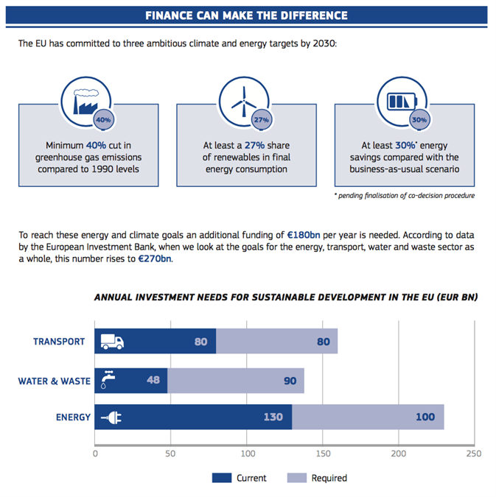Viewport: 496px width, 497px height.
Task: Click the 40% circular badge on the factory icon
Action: pyautogui.click(x=103, y=119)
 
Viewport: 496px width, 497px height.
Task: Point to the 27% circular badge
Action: pyautogui.click(x=261, y=119)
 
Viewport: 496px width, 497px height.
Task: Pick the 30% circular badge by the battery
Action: pyautogui.click(x=419, y=119)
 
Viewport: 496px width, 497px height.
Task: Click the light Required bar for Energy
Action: pyautogui.click(x=368, y=417)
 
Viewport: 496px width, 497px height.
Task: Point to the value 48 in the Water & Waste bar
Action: pyautogui.click(x=153, y=381)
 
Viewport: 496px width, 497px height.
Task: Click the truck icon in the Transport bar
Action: pyautogui.click(x=111, y=342)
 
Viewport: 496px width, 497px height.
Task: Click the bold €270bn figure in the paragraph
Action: pyautogui.click(x=156, y=258)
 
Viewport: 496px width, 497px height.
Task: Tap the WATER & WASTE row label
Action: pyautogui.click(x=54, y=381)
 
